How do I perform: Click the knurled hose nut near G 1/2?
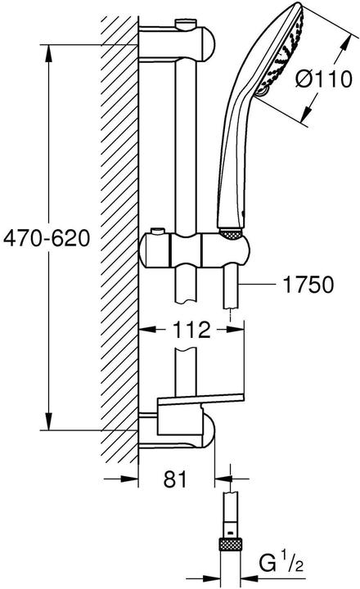(231, 543)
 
